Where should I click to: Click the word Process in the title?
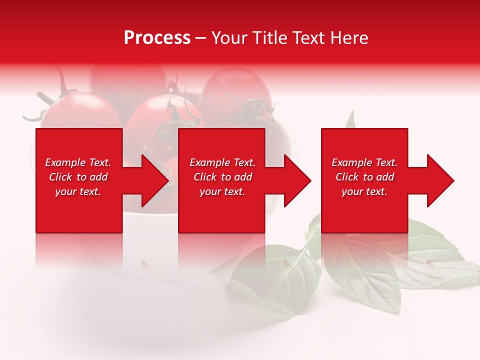(x=157, y=38)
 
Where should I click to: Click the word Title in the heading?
(x=270, y=38)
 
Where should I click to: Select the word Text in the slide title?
(x=308, y=38)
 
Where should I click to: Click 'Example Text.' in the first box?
(x=78, y=162)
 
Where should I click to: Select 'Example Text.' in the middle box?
(x=222, y=162)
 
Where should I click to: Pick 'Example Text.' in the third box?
(x=364, y=162)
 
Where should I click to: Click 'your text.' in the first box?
(x=78, y=191)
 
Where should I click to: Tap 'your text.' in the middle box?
(x=222, y=191)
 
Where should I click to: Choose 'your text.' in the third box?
(x=364, y=191)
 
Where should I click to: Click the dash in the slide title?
(x=201, y=38)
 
